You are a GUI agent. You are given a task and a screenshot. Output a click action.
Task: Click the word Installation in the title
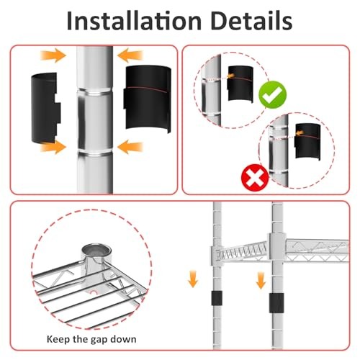(134, 21)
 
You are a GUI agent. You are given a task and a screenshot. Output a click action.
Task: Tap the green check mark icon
(273, 94)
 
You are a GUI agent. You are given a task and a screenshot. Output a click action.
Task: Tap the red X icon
(255, 178)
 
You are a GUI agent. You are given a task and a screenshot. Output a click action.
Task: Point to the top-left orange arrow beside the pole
(53, 55)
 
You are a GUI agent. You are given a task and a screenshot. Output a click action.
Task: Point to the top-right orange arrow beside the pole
(130, 55)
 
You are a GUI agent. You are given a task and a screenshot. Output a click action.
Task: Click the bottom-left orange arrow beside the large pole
(53, 147)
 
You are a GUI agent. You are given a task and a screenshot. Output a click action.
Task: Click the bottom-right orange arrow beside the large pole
(130, 147)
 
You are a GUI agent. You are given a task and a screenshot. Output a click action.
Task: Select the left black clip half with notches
(45, 109)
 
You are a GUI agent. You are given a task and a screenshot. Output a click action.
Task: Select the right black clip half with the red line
(148, 99)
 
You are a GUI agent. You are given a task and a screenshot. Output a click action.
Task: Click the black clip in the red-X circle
(307, 141)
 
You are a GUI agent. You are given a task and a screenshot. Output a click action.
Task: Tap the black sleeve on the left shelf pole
(217, 298)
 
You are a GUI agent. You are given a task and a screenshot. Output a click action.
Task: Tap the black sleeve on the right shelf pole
(276, 303)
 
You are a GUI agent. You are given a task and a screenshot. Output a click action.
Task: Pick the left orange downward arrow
(193, 279)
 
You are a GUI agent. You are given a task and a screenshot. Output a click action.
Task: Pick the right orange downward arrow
(261, 280)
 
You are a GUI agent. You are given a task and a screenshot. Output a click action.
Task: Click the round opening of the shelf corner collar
(96, 251)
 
